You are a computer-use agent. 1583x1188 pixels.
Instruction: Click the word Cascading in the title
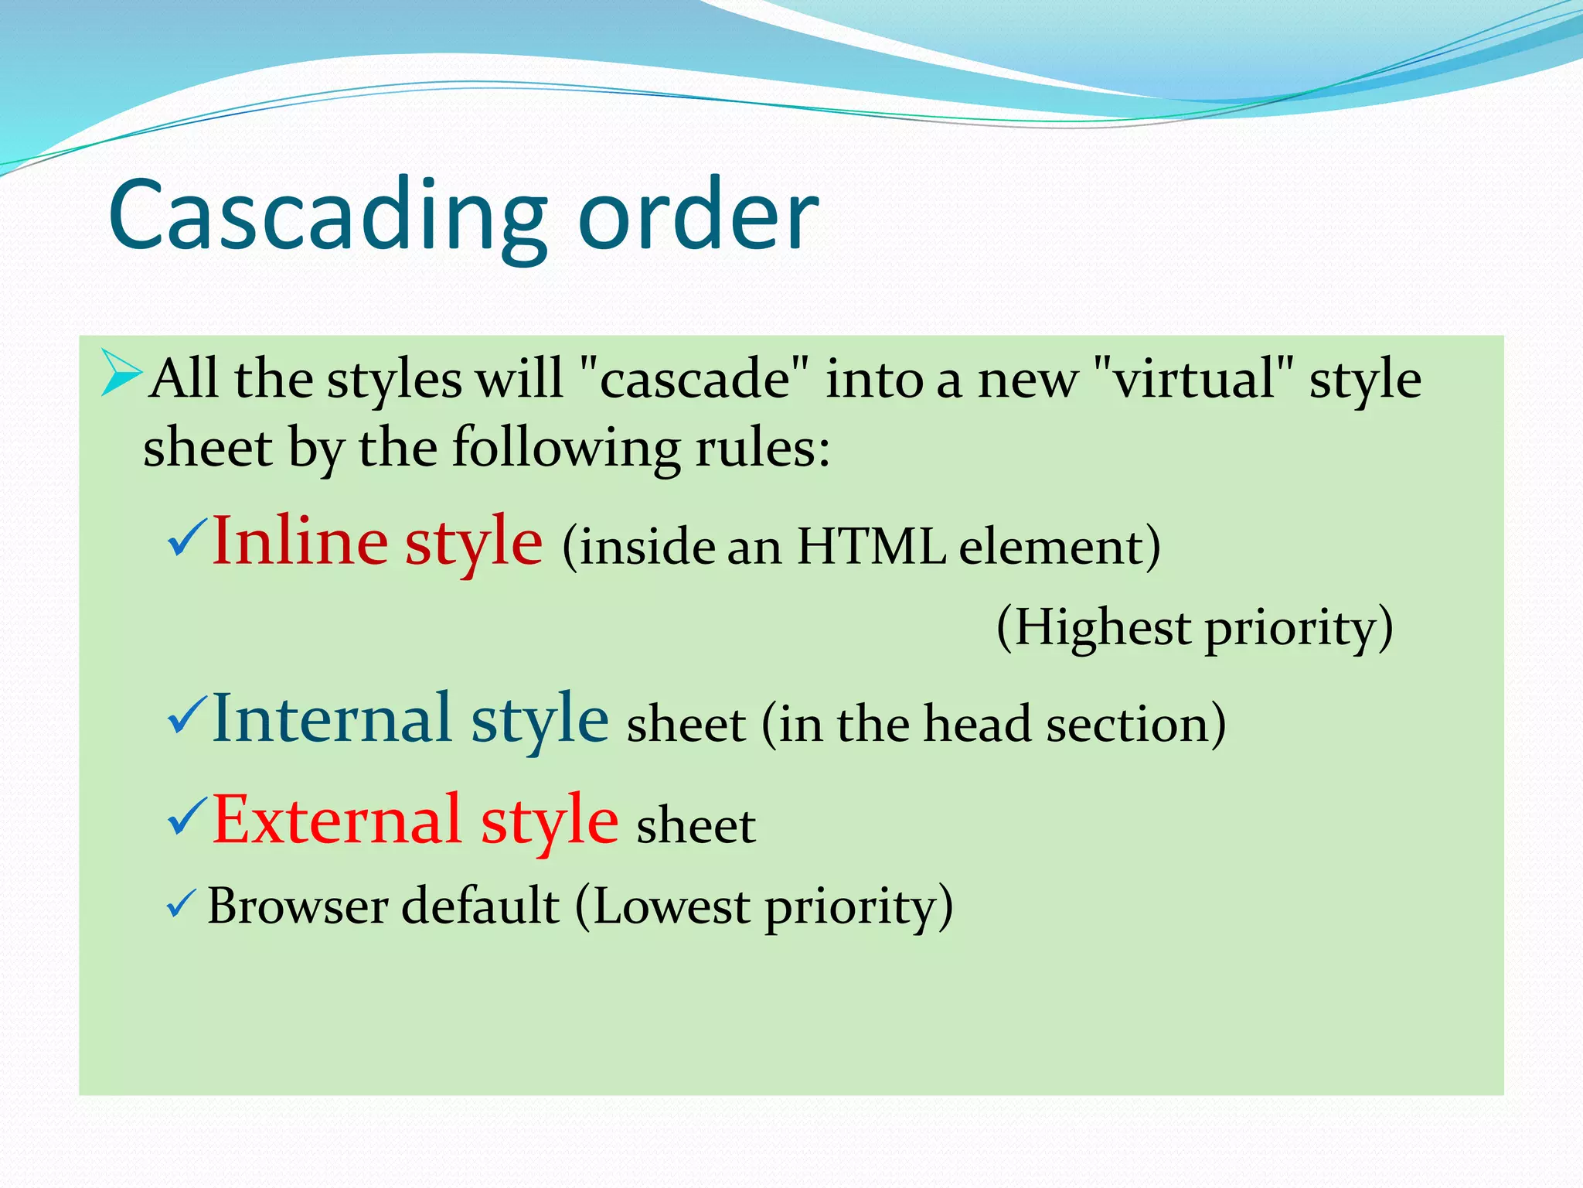point(329,217)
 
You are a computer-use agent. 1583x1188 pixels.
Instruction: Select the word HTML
point(871,548)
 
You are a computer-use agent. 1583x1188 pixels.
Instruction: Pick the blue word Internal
point(332,719)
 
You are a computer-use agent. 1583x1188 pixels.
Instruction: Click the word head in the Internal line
point(977,725)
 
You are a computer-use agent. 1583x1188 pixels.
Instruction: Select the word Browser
point(298,906)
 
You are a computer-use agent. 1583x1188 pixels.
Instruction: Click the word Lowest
point(671,906)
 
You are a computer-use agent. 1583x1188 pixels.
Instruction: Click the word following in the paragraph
point(566,449)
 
